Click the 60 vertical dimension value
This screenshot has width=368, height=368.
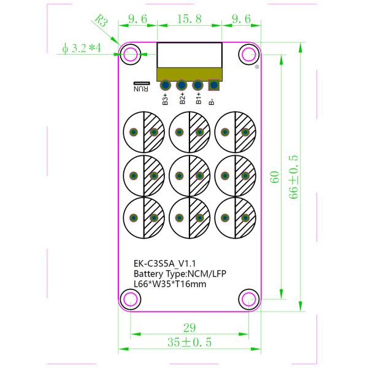click(x=275, y=177)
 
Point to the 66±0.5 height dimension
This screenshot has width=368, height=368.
click(x=294, y=177)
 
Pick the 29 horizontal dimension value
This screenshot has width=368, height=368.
click(x=188, y=327)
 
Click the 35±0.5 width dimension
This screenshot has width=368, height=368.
click(x=188, y=342)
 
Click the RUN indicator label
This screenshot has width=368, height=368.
click(x=142, y=86)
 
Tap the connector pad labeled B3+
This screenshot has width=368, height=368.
click(x=166, y=85)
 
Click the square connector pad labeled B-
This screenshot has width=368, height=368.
click(x=213, y=85)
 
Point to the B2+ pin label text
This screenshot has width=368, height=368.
click(x=182, y=99)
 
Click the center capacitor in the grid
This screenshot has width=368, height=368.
click(x=189, y=175)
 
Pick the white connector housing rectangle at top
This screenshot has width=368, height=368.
click(x=189, y=55)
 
